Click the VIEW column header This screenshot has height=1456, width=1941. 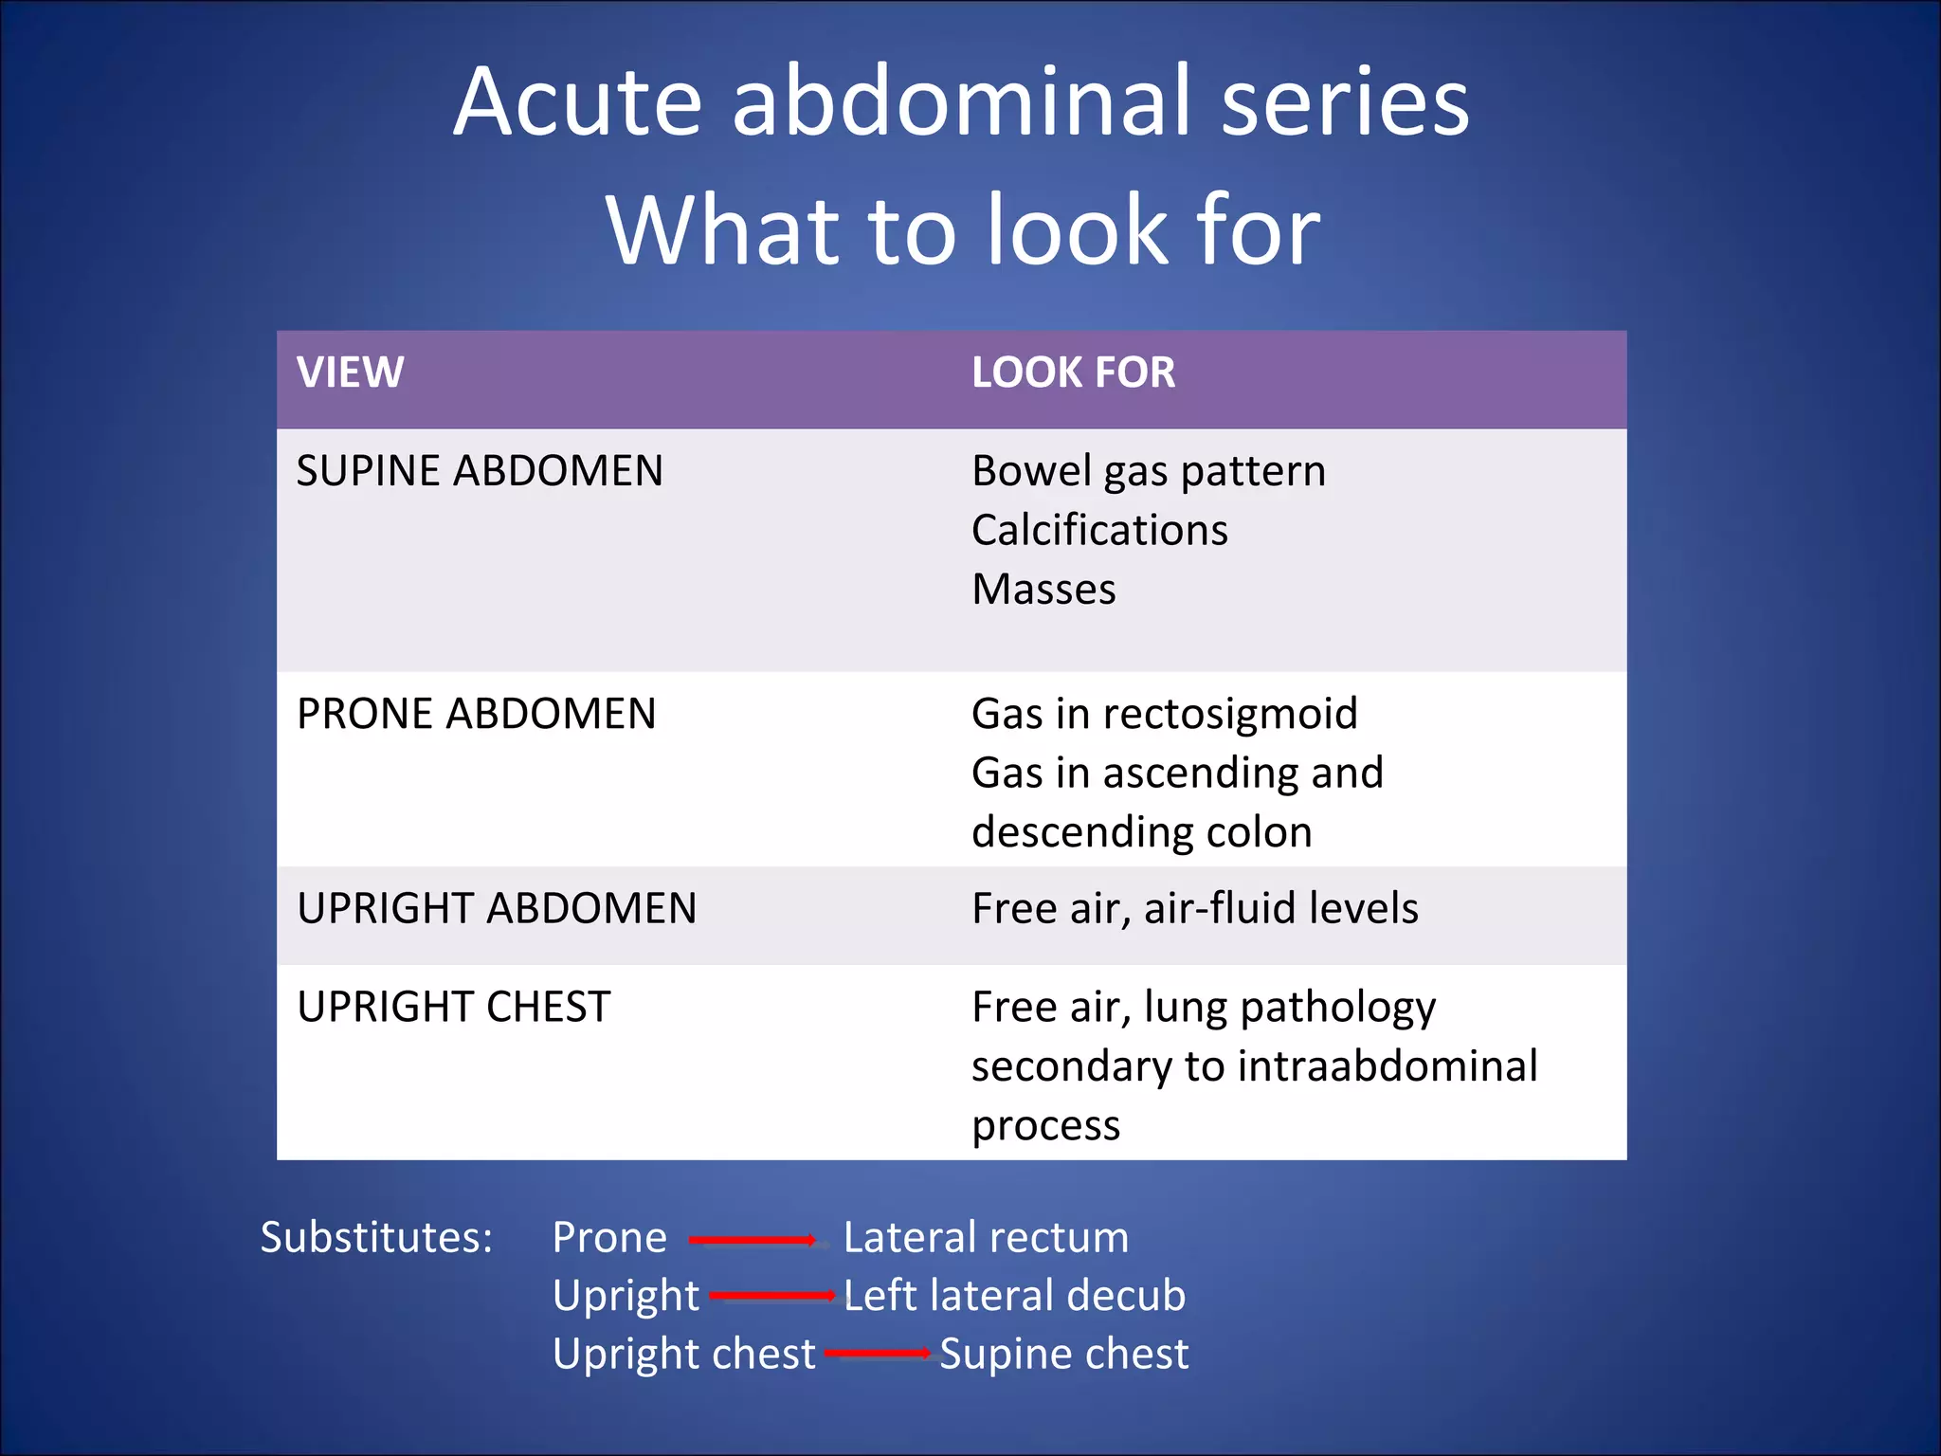[x=350, y=373]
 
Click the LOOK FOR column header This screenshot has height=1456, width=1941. [x=1073, y=373]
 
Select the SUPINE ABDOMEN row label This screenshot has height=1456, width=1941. [x=480, y=471]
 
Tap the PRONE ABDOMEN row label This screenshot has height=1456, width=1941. [x=476, y=714]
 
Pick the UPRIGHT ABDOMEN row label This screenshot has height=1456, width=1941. [x=497, y=908]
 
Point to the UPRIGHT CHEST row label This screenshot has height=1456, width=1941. [x=453, y=1007]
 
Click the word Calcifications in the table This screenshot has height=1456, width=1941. [x=1099, y=530]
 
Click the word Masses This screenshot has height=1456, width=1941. [x=1043, y=590]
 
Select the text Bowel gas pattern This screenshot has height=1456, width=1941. [x=1148, y=471]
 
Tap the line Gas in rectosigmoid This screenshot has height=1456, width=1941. [x=1164, y=714]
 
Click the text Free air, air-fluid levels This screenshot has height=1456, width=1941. [x=1194, y=908]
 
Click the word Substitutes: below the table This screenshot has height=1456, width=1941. [x=376, y=1238]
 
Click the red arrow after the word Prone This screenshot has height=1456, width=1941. [x=753, y=1240]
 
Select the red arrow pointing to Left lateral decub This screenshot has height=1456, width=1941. [x=771, y=1296]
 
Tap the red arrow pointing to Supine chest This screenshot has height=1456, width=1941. [x=877, y=1354]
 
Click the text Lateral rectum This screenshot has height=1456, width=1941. [x=986, y=1238]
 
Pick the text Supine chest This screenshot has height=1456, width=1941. [x=1063, y=1354]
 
